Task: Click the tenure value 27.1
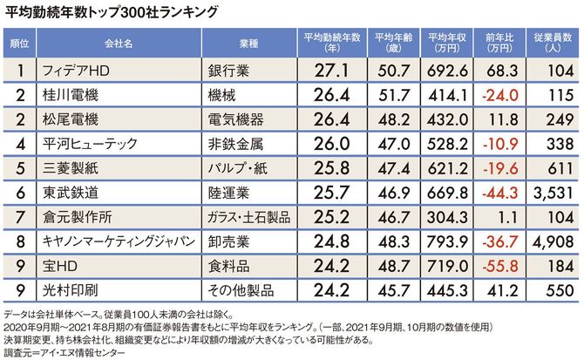[334, 69]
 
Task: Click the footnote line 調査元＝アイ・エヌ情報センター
[65, 352]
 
